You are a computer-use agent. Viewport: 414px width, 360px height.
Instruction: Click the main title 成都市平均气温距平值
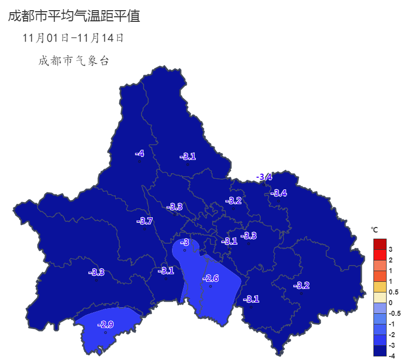pos(74,16)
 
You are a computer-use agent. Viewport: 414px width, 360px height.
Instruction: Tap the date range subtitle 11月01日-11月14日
pos(74,38)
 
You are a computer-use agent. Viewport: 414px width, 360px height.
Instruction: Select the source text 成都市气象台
pos(74,61)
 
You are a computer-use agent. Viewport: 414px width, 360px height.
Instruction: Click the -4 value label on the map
pos(140,153)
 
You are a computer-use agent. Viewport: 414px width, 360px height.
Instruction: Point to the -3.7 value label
pos(145,221)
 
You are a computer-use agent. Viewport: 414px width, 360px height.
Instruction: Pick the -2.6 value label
pos(211,278)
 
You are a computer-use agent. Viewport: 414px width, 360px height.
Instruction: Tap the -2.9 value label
pos(105,324)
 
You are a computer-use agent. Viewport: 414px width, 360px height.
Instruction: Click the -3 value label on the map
pos(185,243)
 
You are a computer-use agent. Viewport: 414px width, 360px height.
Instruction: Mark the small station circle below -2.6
pos(211,286)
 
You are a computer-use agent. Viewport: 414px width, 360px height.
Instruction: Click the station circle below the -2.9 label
pos(105,333)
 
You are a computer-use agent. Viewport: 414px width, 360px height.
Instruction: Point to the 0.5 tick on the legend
pos(394,292)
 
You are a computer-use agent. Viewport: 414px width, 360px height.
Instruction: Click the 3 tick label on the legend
pos(390,249)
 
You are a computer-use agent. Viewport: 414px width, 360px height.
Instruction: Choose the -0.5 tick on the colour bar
pos(395,313)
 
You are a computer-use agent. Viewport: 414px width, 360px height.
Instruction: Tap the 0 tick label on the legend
pos(390,303)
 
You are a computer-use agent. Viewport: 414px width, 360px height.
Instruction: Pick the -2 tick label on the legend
pos(392,335)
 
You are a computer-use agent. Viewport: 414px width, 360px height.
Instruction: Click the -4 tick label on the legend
pos(392,356)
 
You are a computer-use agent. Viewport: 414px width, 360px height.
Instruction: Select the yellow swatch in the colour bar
pos(380,287)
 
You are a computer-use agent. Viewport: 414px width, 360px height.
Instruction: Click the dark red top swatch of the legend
pos(380,244)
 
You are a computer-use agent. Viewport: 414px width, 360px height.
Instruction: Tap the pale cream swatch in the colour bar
pos(380,298)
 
